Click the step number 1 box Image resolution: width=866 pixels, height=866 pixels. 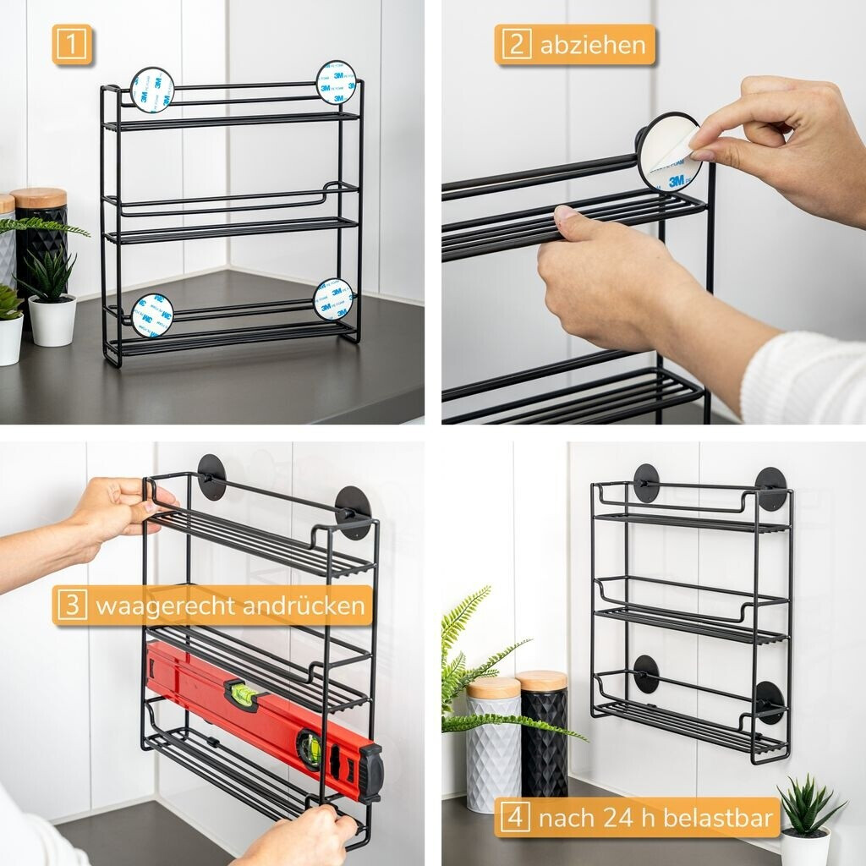tap(72, 44)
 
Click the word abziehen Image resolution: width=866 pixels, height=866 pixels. tap(593, 45)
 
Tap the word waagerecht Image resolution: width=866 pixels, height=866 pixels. tap(165, 606)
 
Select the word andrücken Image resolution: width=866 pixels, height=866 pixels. tap(304, 605)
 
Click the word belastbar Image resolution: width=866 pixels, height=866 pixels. tap(717, 817)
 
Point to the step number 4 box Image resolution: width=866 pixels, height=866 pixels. tap(515, 817)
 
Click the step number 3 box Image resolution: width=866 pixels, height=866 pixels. tap(73, 605)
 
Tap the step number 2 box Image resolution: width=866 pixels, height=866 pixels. tap(517, 44)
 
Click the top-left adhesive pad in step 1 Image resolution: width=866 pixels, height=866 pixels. tap(152, 90)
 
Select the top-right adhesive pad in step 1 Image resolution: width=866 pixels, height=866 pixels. tap(336, 82)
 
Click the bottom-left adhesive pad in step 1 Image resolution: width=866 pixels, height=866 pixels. tap(152, 315)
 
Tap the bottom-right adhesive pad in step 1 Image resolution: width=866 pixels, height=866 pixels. tap(333, 299)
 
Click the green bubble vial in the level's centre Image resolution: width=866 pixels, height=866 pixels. tap(243, 692)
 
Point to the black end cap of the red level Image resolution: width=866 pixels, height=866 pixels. tap(371, 773)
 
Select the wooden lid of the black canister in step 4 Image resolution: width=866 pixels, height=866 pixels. tap(541, 681)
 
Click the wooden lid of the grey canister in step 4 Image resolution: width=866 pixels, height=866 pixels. tap(493, 688)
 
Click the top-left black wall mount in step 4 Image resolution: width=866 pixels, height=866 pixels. tap(646, 483)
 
